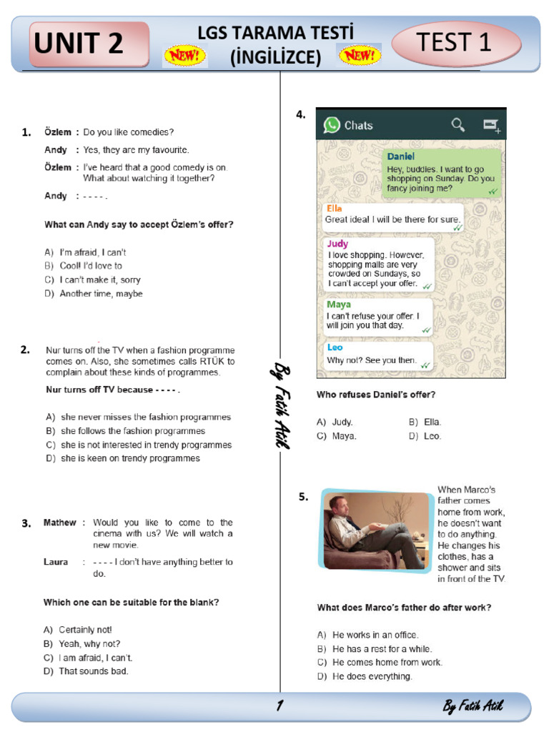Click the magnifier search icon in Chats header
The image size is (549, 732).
pyautogui.click(x=458, y=126)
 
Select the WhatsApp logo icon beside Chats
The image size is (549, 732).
pyautogui.click(x=332, y=125)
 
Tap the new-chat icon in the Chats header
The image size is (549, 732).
pyautogui.click(x=491, y=126)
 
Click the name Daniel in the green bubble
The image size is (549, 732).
pyautogui.click(x=400, y=157)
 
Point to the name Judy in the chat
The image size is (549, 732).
pyautogui.click(x=338, y=244)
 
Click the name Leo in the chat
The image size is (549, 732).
pyautogui.click(x=335, y=347)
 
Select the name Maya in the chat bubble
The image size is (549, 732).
pyautogui.click(x=339, y=305)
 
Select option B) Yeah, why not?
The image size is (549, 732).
pyautogui.click(x=81, y=644)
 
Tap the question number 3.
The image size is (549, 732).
pyautogui.click(x=26, y=523)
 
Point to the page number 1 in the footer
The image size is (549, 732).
pyautogui.click(x=280, y=706)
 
